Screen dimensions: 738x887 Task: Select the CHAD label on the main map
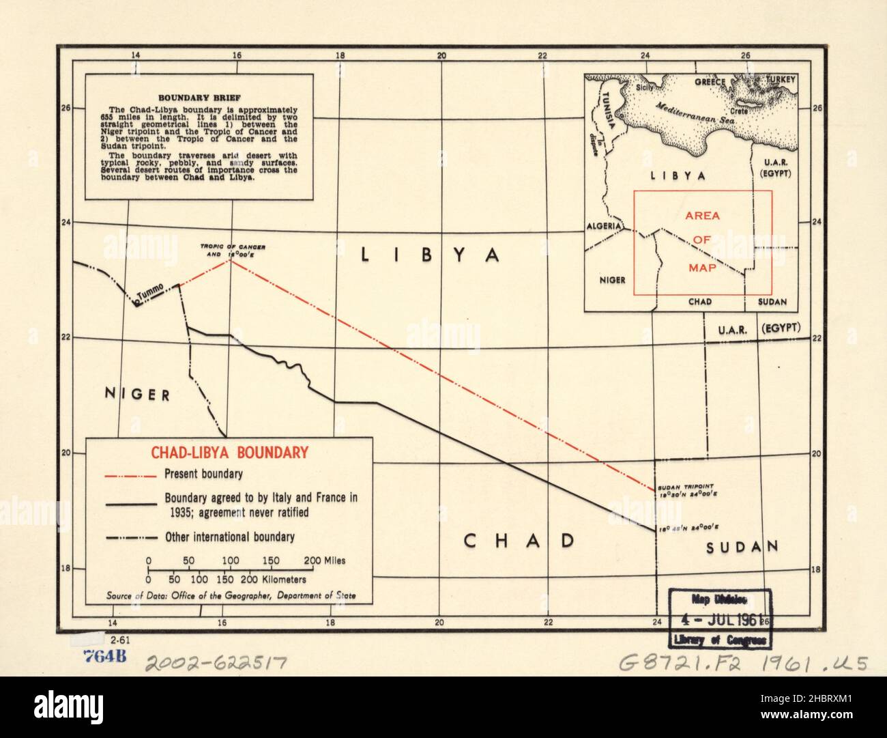(519, 541)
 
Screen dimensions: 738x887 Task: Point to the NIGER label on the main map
(136, 393)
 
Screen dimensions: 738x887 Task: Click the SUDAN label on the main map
(742, 546)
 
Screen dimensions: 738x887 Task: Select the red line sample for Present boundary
(129, 474)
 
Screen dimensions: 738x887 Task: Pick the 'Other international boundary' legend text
(230, 537)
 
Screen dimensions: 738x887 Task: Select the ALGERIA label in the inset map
(603, 226)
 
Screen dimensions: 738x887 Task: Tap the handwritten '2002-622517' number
(214, 662)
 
